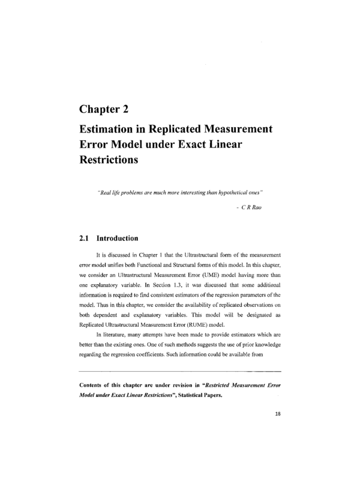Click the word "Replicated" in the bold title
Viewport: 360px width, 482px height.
[190, 129]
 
